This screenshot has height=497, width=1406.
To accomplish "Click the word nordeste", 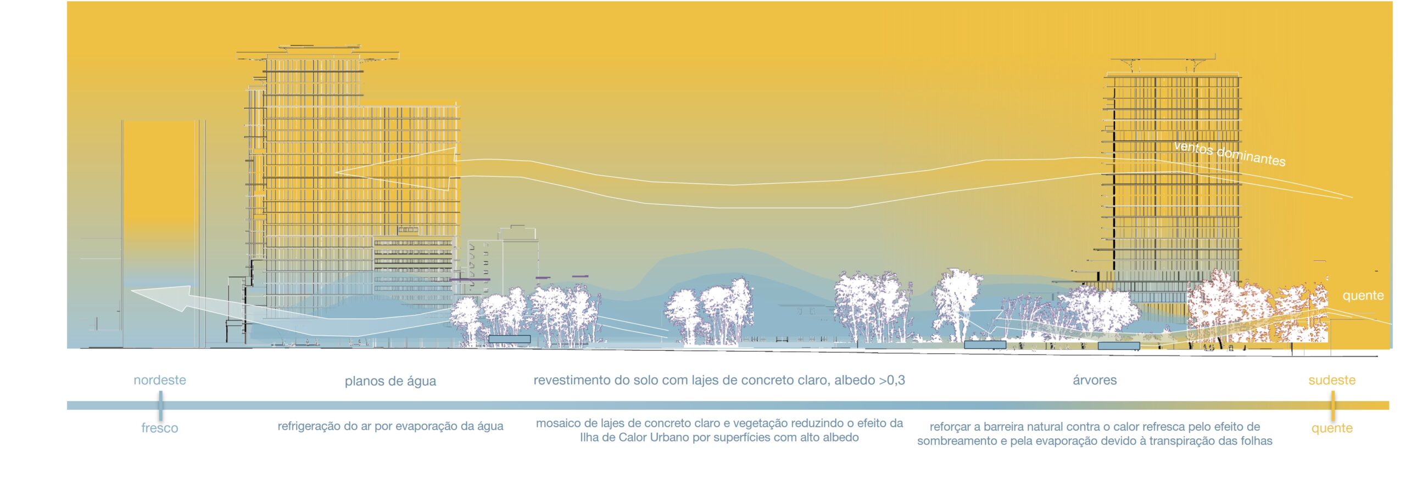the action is click(160, 380).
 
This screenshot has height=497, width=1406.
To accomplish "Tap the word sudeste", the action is click(1332, 380).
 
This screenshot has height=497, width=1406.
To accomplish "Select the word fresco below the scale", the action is click(160, 428).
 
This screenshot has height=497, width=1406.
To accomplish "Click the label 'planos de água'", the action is click(390, 381).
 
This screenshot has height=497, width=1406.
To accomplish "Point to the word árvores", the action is click(1095, 380).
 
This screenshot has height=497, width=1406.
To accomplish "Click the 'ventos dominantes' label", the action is click(1230, 154).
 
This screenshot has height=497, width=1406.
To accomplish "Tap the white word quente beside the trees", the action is click(1363, 296).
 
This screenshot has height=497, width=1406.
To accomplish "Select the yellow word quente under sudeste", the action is click(1332, 428).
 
